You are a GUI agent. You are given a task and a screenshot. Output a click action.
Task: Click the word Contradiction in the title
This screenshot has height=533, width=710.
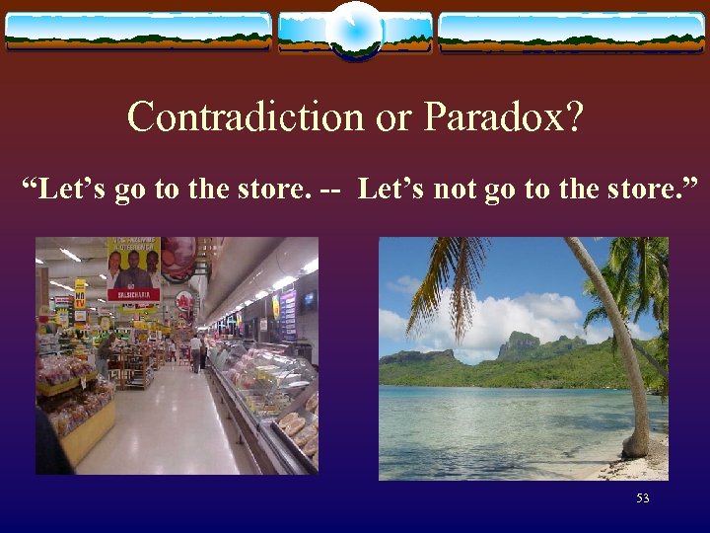point(246,117)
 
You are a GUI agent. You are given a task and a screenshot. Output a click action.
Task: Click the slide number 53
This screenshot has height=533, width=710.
point(643,498)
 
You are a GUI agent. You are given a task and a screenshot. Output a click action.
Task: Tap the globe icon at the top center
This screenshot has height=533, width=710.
point(355,31)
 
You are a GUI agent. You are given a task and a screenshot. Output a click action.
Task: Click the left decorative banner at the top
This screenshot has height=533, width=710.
point(138,31)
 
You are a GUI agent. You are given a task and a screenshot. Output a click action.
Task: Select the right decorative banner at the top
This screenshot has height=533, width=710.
point(572,31)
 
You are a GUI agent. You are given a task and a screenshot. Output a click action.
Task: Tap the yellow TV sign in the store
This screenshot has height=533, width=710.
point(80,294)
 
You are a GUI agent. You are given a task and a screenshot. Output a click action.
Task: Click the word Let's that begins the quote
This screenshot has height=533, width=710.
point(74,188)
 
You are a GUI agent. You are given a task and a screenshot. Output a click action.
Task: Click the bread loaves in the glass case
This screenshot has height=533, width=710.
point(293,424)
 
